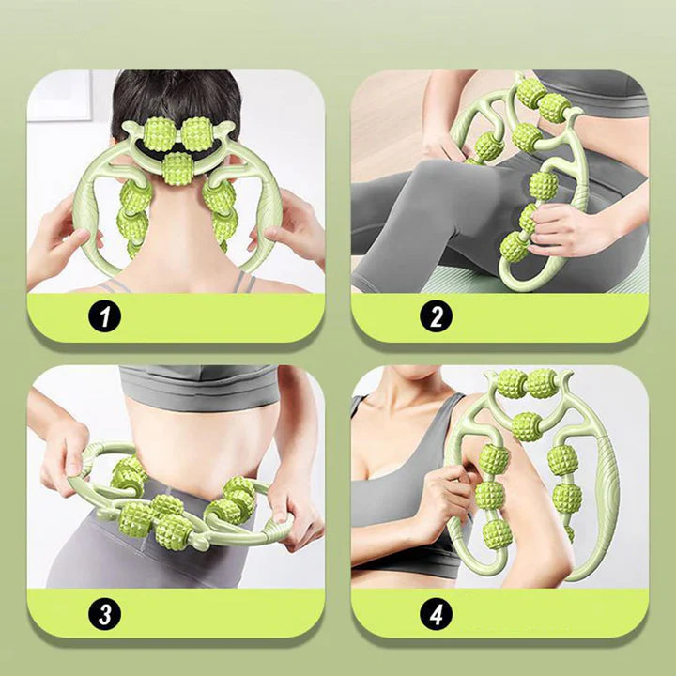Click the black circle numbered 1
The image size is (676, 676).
pos(105,316)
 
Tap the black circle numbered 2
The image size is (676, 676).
pos(437,316)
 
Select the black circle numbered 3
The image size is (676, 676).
pos(105,614)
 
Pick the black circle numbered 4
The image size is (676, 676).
pos(437,614)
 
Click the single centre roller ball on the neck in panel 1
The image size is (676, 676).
pos(177,169)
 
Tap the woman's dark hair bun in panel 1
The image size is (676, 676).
pos(176,100)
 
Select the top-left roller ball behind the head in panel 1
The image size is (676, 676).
pos(160,134)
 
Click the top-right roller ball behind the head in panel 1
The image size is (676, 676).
pos(196,134)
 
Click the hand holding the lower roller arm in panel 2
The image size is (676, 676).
pos(561,228)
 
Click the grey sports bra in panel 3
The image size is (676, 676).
pos(199,386)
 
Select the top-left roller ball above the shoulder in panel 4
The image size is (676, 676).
pos(513,384)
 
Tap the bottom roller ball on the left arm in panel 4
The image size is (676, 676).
pos(496,533)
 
